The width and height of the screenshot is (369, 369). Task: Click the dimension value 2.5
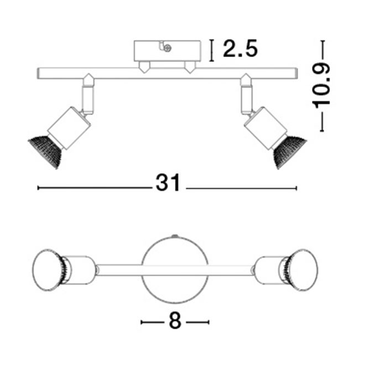tap(240, 49)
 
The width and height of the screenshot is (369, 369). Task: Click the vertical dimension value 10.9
tap(322, 85)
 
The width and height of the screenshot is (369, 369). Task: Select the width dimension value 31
tap(168, 183)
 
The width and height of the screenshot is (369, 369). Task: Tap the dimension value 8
tap(175, 321)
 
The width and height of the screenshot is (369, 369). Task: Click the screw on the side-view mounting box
tap(167, 49)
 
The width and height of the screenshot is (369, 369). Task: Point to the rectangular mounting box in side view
tap(167, 51)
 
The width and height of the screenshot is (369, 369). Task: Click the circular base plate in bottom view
tap(175, 270)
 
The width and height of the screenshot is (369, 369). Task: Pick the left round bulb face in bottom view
tap(46, 269)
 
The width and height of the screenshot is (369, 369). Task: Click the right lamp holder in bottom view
tap(272, 270)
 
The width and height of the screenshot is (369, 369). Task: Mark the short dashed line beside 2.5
tap(212, 50)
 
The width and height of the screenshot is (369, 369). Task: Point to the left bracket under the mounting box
tap(144, 67)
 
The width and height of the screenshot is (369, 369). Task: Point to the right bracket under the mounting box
tap(190, 67)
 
